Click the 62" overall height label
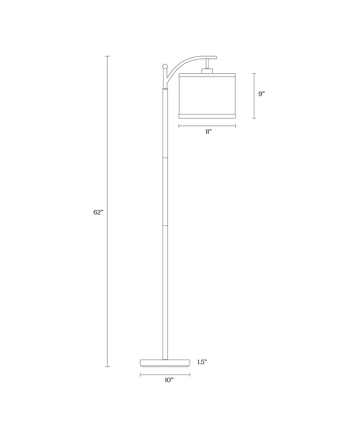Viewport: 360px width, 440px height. [99, 212]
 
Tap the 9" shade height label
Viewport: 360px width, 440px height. [261, 94]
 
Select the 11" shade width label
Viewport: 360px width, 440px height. [207, 132]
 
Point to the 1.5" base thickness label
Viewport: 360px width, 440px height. [202, 362]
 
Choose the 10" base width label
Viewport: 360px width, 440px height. [169, 381]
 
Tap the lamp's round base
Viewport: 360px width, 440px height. [165, 363]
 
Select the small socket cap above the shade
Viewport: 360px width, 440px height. [207, 70]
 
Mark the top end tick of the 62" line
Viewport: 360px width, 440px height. [108, 56]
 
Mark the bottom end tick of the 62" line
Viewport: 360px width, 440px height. [108, 367]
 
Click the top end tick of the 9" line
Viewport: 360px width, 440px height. [254, 73]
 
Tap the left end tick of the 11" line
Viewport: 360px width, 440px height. [179, 126]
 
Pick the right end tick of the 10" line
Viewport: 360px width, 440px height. [189, 374]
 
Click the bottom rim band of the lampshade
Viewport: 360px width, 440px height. [207, 115]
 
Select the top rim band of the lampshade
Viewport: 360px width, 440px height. [207, 74]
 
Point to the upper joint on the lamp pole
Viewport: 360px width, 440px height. [165, 157]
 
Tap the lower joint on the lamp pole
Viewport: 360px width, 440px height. [165, 224]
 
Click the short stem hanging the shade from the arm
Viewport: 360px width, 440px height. [207, 63]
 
